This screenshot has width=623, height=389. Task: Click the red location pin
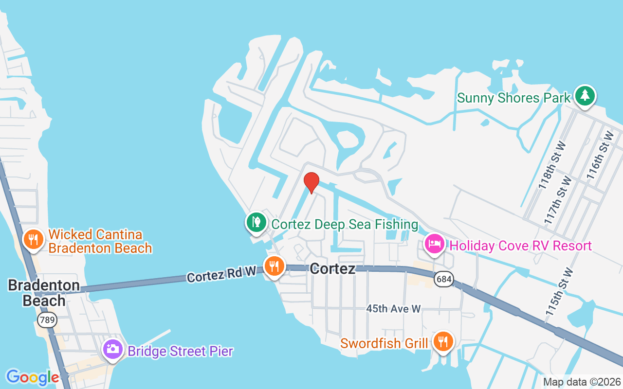click(311, 182)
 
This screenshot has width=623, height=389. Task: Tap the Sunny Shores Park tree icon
click(585, 96)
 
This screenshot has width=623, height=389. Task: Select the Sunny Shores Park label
click(513, 98)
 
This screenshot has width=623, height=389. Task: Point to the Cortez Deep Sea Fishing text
click(345, 224)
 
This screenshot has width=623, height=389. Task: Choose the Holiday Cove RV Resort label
click(521, 246)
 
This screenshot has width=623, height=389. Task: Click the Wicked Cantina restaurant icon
click(33, 239)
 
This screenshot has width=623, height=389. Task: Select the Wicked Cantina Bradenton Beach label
click(100, 241)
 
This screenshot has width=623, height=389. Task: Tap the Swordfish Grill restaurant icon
click(443, 341)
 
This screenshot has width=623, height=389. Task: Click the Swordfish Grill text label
click(384, 343)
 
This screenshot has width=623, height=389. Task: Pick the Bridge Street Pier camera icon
click(113, 349)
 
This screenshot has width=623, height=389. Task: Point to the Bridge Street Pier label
click(180, 351)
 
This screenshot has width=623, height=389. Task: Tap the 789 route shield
click(47, 319)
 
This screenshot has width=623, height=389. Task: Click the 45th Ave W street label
click(393, 308)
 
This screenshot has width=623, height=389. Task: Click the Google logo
click(33, 377)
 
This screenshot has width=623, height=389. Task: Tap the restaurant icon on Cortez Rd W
click(275, 266)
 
